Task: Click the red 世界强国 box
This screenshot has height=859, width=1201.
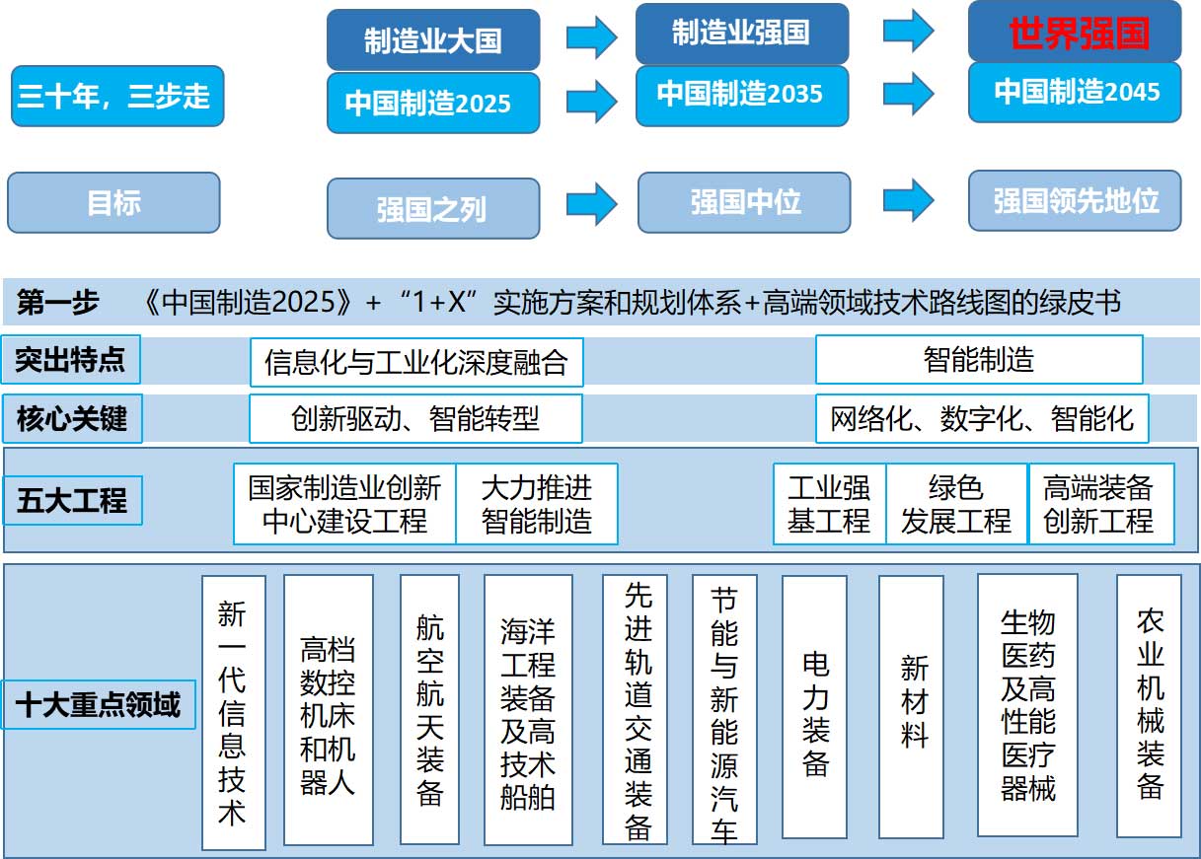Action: click(x=1075, y=32)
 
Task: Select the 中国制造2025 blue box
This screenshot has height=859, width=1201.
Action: click(x=433, y=103)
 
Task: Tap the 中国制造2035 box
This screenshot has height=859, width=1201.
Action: click(x=742, y=96)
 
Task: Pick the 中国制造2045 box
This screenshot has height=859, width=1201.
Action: click(x=1075, y=92)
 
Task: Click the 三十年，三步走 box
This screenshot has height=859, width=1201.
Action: click(x=117, y=96)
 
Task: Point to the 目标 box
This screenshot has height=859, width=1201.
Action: click(x=113, y=202)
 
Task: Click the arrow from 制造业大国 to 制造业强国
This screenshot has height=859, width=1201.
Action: click(x=592, y=36)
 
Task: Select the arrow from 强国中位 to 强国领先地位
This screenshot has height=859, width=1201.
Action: click(x=909, y=200)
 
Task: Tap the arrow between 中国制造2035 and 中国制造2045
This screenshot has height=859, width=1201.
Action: click(x=909, y=94)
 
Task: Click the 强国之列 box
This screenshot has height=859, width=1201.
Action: click(x=433, y=208)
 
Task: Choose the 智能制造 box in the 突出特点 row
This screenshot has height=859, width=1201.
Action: click(x=979, y=360)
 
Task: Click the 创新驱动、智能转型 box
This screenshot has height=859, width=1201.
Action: click(x=415, y=418)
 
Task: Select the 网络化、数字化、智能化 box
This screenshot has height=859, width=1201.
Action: click(x=982, y=418)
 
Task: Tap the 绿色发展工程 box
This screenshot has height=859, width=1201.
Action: click(x=956, y=504)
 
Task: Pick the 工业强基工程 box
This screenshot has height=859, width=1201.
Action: click(x=829, y=504)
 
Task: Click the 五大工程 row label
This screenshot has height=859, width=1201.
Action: click(x=73, y=500)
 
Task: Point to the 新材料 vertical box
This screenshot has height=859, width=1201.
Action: click(x=912, y=707)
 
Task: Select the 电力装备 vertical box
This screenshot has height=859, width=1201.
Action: click(x=814, y=707)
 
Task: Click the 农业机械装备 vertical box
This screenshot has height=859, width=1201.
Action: click(x=1149, y=706)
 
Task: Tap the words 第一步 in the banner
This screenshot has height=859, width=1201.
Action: click(x=58, y=302)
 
